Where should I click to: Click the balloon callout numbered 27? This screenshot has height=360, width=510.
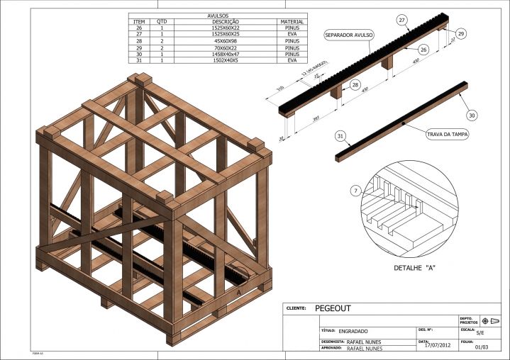point(402,21)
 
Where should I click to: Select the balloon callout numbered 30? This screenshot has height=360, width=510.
point(472,115)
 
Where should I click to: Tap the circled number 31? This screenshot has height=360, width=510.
point(340,135)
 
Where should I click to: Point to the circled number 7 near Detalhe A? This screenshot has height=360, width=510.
point(355,191)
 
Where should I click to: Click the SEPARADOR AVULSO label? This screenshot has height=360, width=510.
point(348,34)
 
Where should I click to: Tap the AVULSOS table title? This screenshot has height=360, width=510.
point(217,16)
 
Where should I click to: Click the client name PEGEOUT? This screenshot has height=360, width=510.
point(333,308)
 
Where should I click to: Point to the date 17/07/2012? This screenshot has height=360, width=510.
point(437,345)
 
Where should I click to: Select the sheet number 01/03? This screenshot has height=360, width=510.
point(482,347)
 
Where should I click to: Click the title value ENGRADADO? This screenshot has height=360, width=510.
point(353,331)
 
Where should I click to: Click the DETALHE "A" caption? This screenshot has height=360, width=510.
point(414,269)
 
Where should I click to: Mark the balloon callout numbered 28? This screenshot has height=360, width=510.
point(355,85)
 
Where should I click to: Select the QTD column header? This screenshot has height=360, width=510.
point(162,22)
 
